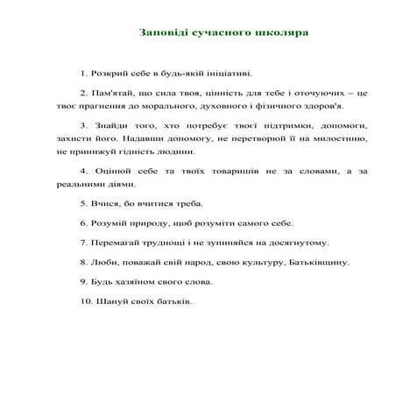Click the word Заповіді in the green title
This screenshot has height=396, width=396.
pyautogui.click(x=162, y=32)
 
